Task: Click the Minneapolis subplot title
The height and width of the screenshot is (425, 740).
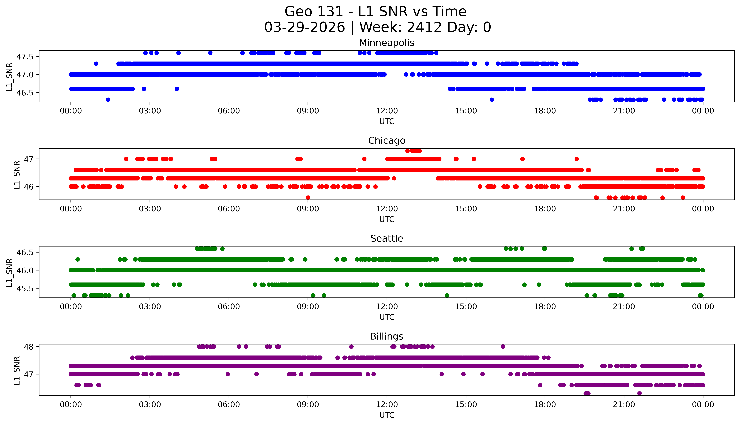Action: coord(387,43)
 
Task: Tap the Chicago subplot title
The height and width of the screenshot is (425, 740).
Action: coord(387,141)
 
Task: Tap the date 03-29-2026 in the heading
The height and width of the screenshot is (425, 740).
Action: coord(305,27)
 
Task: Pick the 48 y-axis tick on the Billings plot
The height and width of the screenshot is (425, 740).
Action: coord(29,347)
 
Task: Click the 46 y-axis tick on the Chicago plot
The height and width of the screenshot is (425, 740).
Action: coord(29,187)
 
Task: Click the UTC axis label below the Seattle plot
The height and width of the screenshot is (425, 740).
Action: coord(387,317)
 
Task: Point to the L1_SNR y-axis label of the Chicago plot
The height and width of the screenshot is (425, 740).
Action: coord(17,175)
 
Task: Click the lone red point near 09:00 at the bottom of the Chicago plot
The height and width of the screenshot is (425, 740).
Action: coord(308,198)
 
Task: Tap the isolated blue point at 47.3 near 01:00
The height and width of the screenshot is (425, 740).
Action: coord(96,64)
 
